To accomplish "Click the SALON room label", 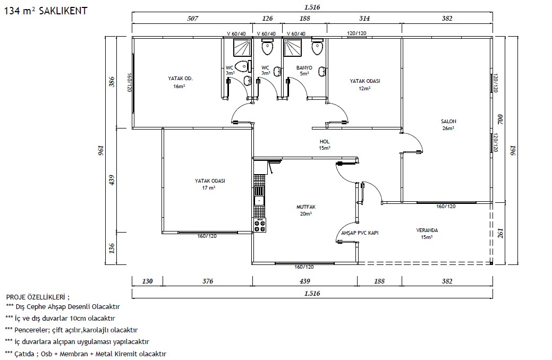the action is click(448, 122).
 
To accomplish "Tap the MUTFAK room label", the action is click(306, 207).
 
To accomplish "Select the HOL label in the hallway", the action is click(325, 141).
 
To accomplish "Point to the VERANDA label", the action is click(427, 230).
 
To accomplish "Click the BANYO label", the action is click(304, 67).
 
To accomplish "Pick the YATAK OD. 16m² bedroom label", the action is click(180, 82).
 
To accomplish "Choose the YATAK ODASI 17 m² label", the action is click(210, 184).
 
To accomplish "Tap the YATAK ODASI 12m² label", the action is click(364, 84).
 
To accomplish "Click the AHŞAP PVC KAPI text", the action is click(360, 233).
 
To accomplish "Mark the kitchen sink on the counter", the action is click(259, 201).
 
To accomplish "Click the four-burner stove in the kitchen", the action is click(260, 225).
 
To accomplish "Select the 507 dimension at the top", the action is click(192, 18).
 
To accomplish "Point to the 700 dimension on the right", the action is click(500, 119).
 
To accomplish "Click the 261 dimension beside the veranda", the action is click(500, 233).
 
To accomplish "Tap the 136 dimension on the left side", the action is click(112, 248).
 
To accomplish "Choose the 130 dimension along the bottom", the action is click(148, 281).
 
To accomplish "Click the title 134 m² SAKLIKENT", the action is click(45, 11).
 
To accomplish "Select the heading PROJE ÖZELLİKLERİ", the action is click(38, 297).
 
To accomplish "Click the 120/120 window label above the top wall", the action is click(356, 33).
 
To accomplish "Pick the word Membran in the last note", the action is click(73, 354).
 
